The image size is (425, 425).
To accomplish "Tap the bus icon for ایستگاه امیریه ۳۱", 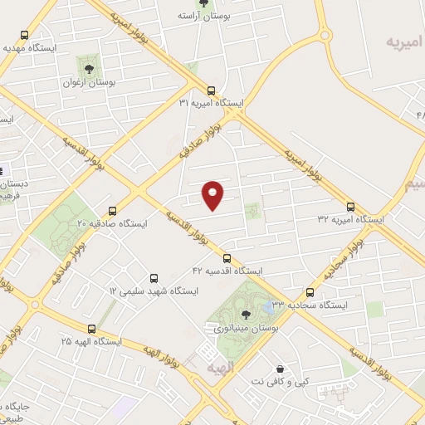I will [211, 90].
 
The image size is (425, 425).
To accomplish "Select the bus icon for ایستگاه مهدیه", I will [25, 36].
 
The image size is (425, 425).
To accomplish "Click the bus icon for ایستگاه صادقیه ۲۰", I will [112, 211].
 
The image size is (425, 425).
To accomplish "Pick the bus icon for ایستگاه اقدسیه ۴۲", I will [227, 258].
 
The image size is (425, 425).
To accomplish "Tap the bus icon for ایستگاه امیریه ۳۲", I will [350, 207].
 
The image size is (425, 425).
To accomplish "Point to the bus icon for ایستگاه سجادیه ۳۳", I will [310, 293].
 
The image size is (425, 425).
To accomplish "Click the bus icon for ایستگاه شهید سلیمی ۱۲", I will [154, 279].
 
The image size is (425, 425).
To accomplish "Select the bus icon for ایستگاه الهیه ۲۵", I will [91, 329].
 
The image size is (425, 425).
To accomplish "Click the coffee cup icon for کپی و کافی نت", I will [280, 368].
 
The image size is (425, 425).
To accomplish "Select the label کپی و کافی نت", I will [282, 381].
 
